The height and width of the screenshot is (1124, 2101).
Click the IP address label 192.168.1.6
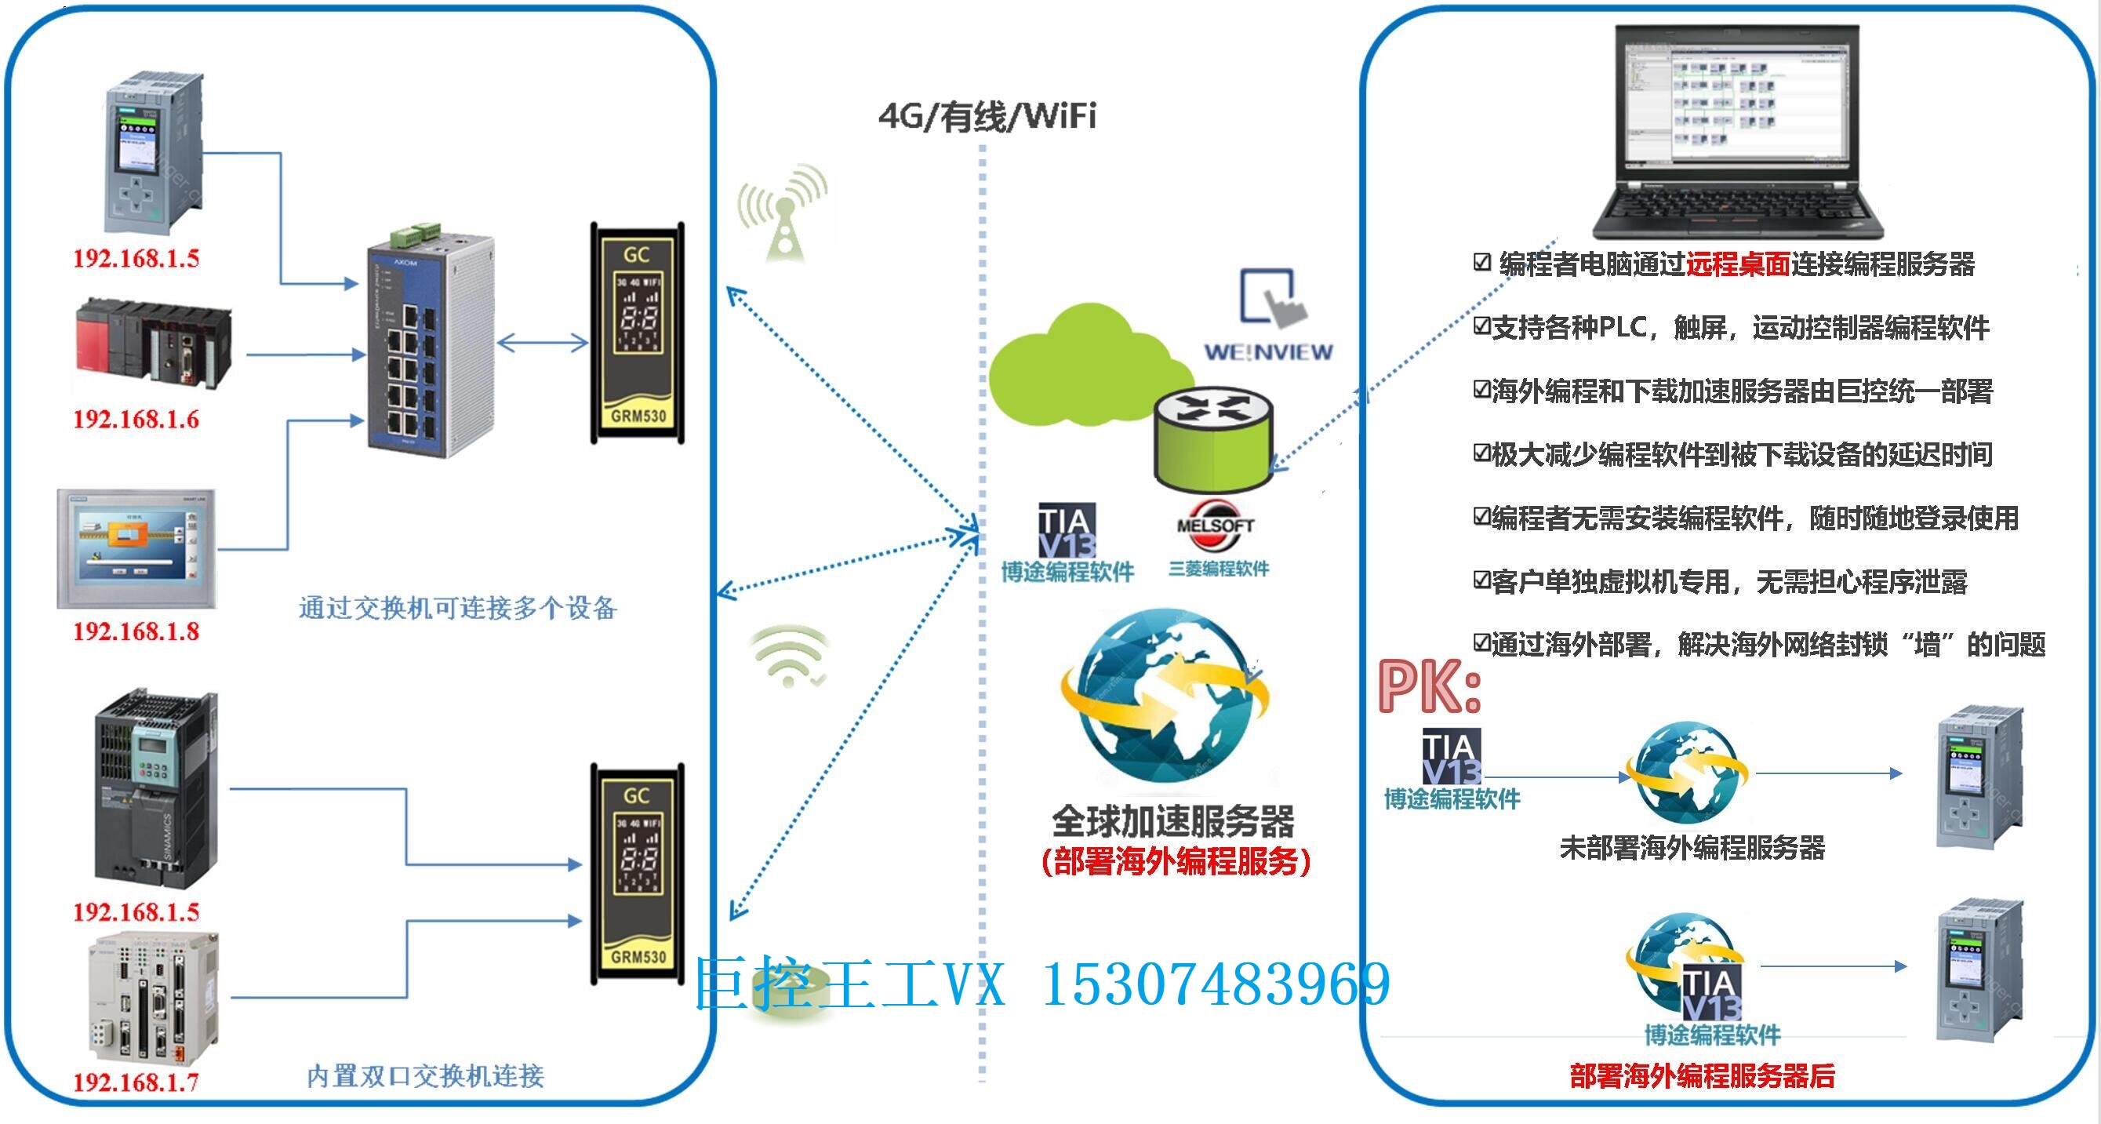click(x=136, y=420)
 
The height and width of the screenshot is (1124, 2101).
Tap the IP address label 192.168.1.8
click(x=136, y=631)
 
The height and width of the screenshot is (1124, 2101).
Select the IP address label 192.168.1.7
click(x=136, y=1082)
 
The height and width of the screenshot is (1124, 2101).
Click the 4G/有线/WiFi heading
click(x=987, y=117)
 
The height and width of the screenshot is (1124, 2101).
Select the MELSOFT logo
click(x=1215, y=525)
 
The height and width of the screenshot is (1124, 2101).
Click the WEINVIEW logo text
click(x=1268, y=352)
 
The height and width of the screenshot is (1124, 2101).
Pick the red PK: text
click(x=1429, y=688)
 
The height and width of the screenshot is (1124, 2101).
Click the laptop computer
click(x=1737, y=130)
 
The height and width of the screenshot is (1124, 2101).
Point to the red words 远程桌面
click(x=1737, y=264)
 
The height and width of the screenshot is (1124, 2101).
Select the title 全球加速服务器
click(x=1172, y=820)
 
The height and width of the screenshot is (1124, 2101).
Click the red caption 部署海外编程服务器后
click(x=1702, y=1076)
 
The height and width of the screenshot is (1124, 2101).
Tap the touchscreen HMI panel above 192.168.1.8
click(x=136, y=548)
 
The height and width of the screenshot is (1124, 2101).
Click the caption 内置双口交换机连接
click(x=425, y=1076)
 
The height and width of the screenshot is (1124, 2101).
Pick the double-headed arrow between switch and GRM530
click(x=543, y=343)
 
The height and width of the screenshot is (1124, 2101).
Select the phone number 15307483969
click(x=1216, y=984)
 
